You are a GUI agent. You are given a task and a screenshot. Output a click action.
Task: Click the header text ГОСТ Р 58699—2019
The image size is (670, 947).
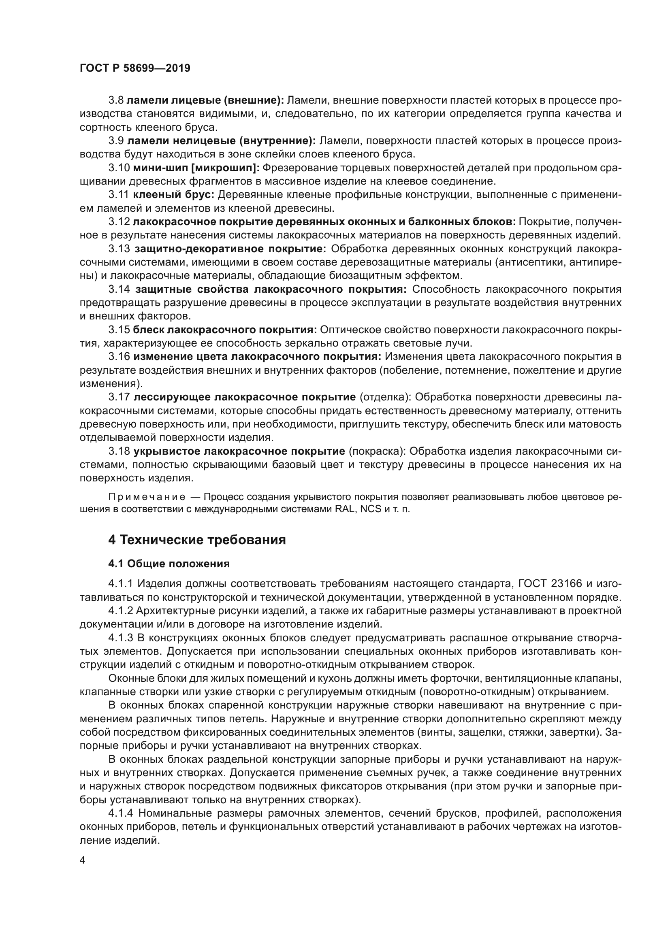[x=135, y=68]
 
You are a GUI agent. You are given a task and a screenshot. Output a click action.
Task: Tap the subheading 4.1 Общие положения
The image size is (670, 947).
[x=169, y=564]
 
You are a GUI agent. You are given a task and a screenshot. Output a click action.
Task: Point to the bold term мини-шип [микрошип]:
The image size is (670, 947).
[x=196, y=168]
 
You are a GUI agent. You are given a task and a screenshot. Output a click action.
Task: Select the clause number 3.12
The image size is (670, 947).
[x=119, y=222]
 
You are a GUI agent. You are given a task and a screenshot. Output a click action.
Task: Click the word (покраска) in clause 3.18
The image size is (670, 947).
[x=378, y=451]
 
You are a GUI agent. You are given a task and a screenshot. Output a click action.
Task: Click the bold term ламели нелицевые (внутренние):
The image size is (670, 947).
[x=221, y=141]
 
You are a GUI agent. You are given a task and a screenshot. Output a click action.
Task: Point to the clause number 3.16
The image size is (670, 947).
[x=119, y=356]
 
